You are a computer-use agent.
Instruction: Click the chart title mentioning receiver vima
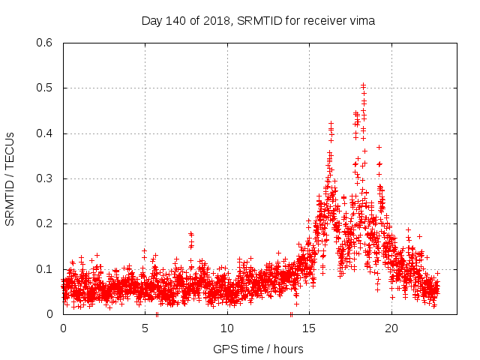(258, 21)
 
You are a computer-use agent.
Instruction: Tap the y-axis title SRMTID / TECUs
(10, 178)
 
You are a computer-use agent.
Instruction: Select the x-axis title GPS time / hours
(258, 349)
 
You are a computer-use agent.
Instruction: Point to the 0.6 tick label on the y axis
(46, 43)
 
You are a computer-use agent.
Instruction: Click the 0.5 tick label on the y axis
(46, 88)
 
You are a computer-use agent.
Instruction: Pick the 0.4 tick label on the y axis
(46, 133)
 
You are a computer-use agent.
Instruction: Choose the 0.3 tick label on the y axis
(46, 178)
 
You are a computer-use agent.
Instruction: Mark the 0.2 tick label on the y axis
(46, 223)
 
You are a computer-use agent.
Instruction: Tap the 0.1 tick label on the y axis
(46, 268)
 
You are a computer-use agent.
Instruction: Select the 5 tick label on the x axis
(145, 328)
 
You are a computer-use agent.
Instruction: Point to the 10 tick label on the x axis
(227, 328)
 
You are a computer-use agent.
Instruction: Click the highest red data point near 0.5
(363, 85)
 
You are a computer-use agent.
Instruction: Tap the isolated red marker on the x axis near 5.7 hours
(157, 314)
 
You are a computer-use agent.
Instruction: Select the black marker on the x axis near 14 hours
(291, 314)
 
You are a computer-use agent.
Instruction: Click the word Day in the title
(151, 21)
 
